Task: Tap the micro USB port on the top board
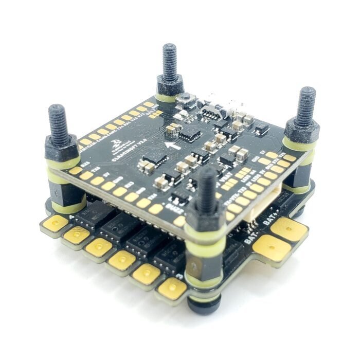click(211, 111)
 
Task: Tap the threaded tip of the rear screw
click(170, 59)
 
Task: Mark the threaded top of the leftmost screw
click(58, 123)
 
